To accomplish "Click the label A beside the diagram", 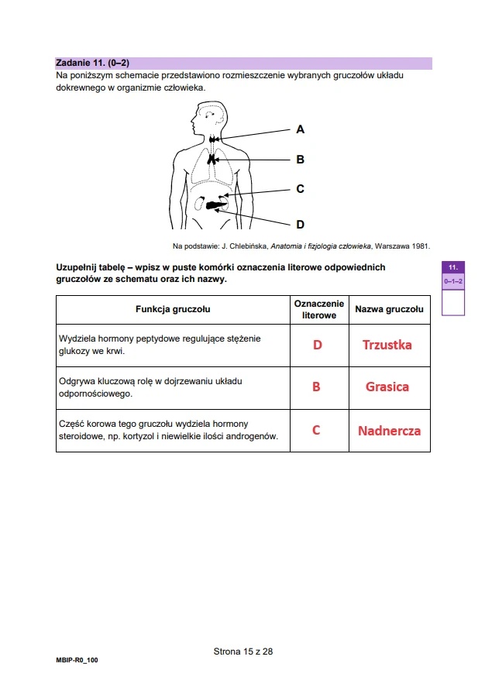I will tap(300, 129).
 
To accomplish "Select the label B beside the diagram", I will tap(300, 160).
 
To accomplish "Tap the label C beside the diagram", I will tap(300, 188).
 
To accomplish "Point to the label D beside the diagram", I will tap(300, 225).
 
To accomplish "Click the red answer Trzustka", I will tap(387, 345).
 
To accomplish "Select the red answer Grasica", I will tap(387, 387).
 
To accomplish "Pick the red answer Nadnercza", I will tap(389, 430).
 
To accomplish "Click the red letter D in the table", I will tap(317, 345).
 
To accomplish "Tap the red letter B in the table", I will tap(316, 387).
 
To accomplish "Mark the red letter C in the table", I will tap(316, 430).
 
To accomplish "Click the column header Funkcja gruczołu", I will tap(173, 309).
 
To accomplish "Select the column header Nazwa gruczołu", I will tap(389, 309).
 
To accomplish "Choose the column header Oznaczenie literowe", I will tap(318, 309).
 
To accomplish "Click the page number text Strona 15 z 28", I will tap(242, 651).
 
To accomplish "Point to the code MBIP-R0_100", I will tap(77, 660).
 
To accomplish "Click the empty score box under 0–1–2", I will tap(453, 302).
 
